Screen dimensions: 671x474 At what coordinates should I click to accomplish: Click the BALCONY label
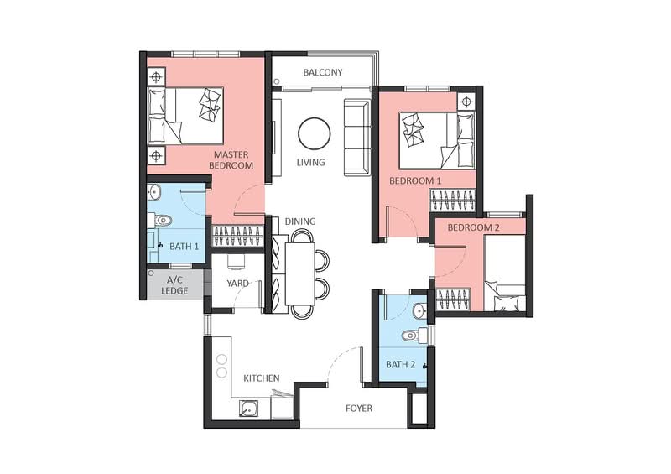pos(323,72)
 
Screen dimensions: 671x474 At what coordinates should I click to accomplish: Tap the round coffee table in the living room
pos(314,133)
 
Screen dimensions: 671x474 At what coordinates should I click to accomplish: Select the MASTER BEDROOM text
pos(231,159)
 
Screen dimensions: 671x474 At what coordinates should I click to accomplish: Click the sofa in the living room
pos(357,138)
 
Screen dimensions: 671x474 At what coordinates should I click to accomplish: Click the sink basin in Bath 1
pos(153,192)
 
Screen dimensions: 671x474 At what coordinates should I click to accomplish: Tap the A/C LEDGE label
pos(174,285)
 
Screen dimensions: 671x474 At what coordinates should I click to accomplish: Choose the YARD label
pos(237,283)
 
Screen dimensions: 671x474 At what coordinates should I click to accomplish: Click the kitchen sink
pos(248,409)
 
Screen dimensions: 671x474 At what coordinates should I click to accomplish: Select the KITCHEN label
pos(262,378)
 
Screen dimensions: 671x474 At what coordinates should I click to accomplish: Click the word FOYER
pos(359,409)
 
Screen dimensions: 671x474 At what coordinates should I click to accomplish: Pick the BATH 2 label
pos(401,364)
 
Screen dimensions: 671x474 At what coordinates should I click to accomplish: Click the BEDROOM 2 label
pos(473,227)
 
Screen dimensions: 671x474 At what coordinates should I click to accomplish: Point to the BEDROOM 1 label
pos(415,180)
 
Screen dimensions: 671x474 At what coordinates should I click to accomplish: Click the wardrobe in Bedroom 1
pos(453,201)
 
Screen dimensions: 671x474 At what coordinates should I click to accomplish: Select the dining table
pos(300,273)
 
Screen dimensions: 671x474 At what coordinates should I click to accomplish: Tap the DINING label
pos(300,221)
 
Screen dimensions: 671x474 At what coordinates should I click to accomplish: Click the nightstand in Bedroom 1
pos(466,102)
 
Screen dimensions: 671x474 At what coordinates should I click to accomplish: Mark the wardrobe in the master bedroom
pos(237,236)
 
